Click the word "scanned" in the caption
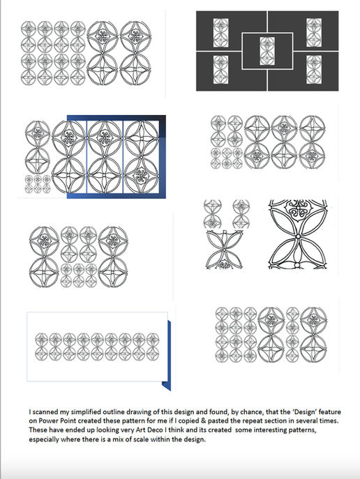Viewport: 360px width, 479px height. point(46,412)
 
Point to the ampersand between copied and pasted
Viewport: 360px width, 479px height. point(204,420)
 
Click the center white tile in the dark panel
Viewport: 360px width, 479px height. point(267,51)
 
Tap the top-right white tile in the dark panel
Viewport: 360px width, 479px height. point(314,32)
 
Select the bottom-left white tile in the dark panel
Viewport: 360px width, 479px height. point(220,70)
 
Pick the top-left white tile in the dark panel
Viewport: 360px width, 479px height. point(220,32)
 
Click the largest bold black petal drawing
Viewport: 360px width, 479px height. point(298,234)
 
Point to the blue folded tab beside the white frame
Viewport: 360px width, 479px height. point(167,356)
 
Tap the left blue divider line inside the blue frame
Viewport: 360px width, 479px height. point(87,157)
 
